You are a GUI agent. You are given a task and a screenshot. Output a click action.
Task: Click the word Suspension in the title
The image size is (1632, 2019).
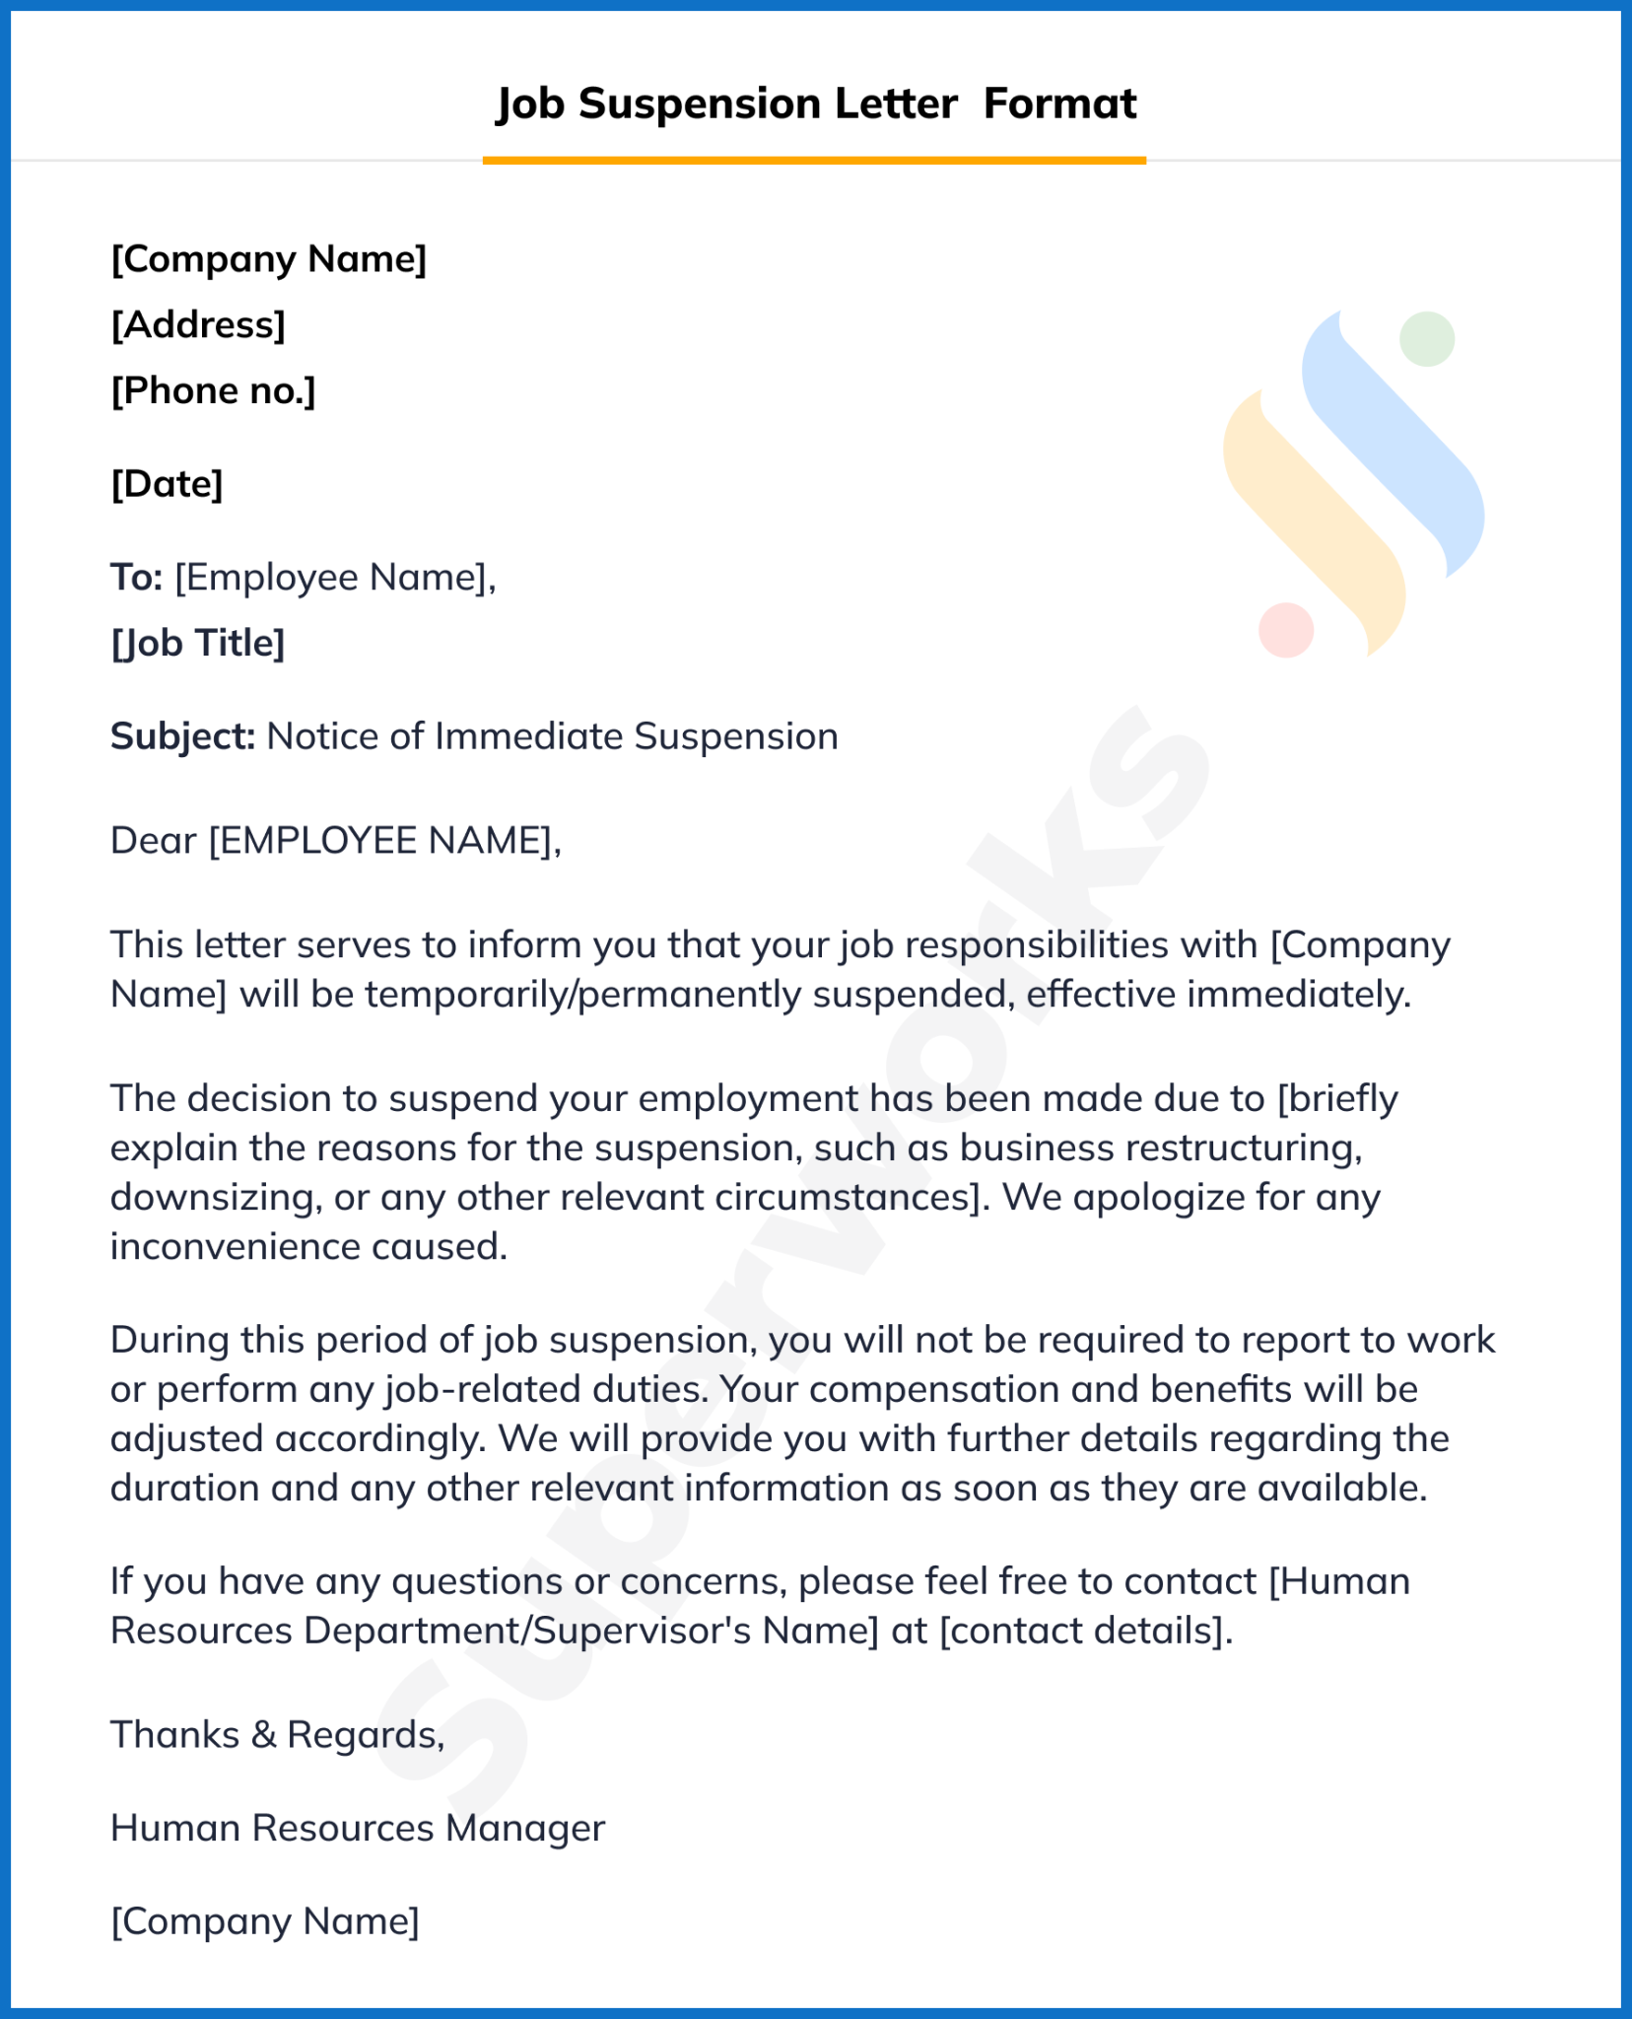coord(699,104)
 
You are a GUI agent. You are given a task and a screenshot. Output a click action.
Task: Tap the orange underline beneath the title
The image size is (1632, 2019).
coord(814,160)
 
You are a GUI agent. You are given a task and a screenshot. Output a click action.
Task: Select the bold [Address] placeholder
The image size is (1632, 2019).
coord(198,324)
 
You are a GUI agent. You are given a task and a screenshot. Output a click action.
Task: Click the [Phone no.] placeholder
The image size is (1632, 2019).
coord(213,391)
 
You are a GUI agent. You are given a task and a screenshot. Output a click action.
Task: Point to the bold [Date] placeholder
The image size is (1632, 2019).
coord(167,484)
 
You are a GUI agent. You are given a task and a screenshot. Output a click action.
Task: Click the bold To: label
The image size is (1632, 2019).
coord(136,577)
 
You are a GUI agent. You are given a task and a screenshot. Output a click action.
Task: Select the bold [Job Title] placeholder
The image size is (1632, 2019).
coord(198,643)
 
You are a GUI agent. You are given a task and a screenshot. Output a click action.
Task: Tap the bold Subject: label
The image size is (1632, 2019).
coord(182,736)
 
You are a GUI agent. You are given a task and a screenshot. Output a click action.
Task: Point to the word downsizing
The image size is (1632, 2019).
coord(212,1198)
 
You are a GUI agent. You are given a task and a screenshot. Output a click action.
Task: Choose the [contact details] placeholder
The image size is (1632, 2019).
coord(1084,1631)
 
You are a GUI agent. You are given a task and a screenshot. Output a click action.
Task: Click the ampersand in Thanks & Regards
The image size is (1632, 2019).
coord(263,1734)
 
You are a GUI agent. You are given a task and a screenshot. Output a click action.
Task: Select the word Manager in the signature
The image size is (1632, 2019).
coord(524,1828)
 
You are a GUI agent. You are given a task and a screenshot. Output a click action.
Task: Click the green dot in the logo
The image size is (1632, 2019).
coord(1427,339)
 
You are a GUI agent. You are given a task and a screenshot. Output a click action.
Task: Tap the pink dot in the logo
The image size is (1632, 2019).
coord(1286,630)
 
